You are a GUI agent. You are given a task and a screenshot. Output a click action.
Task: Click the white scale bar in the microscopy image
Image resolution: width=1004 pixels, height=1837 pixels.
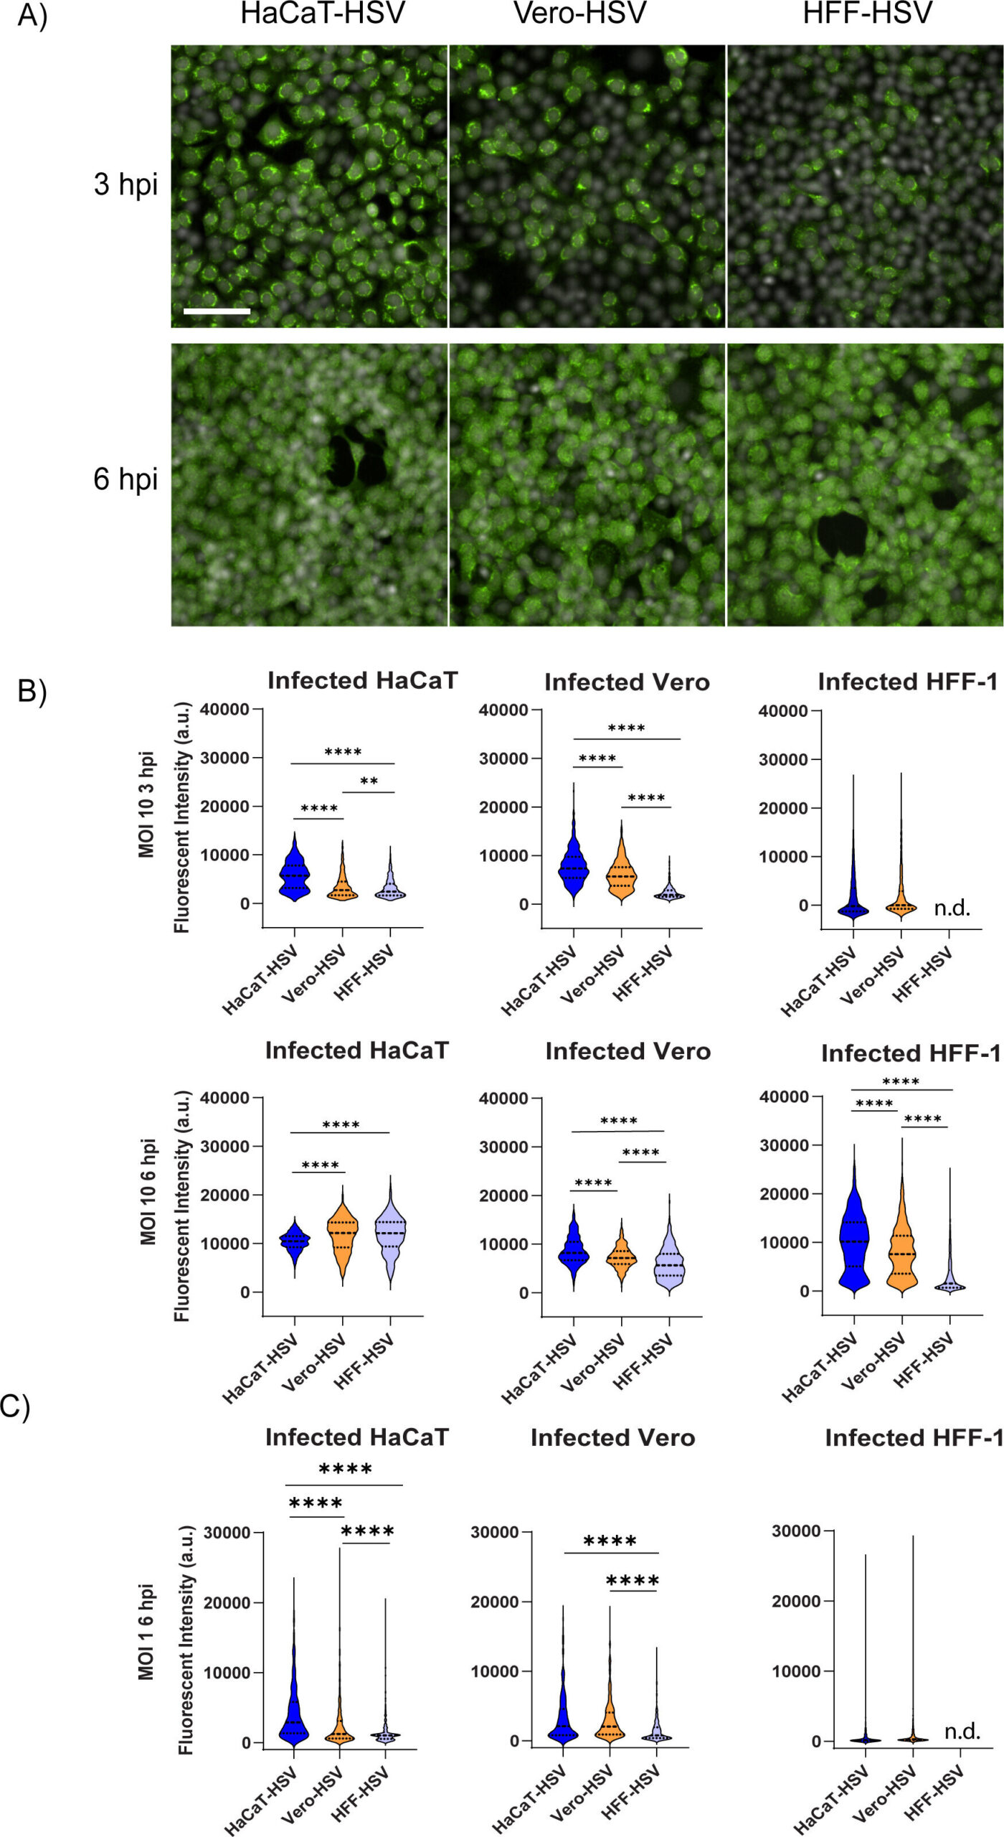click(x=217, y=311)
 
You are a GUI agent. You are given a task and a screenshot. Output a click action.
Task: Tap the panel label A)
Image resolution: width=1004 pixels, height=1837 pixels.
click(x=32, y=16)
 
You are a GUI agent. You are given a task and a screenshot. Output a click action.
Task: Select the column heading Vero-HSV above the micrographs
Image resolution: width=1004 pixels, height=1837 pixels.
click(x=579, y=14)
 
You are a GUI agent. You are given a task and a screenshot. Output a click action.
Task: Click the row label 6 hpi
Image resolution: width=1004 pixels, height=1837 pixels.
click(x=126, y=479)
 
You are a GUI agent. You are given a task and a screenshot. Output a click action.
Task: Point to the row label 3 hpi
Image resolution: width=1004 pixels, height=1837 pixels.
click(x=126, y=184)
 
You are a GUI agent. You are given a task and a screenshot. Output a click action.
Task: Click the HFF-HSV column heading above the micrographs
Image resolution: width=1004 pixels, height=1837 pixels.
click(x=867, y=14)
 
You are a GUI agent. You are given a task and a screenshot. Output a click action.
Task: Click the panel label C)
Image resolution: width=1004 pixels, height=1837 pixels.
click(x=14, y=1407)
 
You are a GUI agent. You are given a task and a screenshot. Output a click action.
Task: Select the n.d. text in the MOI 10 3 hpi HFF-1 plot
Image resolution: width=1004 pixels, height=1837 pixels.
click(x=952, y=908)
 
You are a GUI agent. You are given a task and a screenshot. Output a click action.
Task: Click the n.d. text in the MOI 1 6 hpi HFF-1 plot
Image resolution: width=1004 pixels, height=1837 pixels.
click(x=962, y=1732)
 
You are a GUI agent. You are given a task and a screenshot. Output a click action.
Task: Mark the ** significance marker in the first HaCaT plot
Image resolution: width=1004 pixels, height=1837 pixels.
click(x=369, y=781)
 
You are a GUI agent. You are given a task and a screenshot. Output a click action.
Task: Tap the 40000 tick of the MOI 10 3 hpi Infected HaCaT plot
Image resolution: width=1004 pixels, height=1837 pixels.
click(x=224, y=710)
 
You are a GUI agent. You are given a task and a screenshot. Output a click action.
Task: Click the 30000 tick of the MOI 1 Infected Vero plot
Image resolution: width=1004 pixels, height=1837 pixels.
click(x=494, y=1532)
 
